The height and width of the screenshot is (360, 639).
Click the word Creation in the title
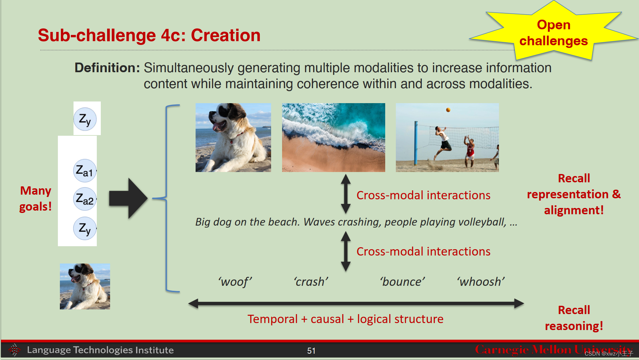click(x=226, y=35)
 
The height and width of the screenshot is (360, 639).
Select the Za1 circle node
click(x=84, y=171)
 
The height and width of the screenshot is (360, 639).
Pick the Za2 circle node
click(x=84, y=199)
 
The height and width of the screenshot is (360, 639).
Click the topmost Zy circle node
click(x=85, y=119)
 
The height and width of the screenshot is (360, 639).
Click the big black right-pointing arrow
click(x=128, y=198)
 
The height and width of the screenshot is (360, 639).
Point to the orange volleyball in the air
click(x=448, y=110)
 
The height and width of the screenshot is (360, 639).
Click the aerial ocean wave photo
click(x=333, y=137)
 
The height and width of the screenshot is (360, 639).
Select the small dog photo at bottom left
click(x=85, y=286)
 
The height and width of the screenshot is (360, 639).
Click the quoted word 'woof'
click(x=235, y=282)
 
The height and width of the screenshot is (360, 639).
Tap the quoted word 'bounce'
click(x=402, y=282)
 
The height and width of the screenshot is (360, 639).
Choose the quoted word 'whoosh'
click(x=480, y=282)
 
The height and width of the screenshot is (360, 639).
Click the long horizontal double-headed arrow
click(x=356, y=303)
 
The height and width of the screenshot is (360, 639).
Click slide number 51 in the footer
click(x=311, y=351)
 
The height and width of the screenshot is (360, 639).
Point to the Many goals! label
click(x=36, y=199)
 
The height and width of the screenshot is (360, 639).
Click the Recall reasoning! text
click(x=574, y=318)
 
